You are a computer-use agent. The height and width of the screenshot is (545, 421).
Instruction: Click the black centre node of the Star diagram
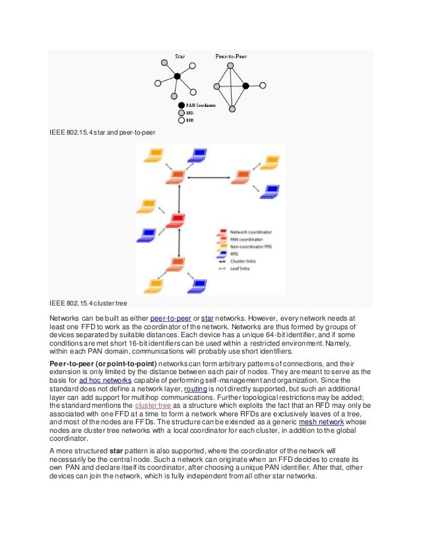tap(177, 76)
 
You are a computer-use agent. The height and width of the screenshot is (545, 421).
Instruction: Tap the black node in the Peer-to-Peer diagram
tap(245, 86)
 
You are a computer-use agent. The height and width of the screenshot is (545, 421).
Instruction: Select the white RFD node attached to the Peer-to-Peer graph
tap(263, 86)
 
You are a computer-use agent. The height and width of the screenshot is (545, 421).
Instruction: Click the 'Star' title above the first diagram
tap(179, 57)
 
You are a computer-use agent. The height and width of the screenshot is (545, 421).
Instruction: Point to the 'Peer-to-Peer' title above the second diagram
tap(231, 57)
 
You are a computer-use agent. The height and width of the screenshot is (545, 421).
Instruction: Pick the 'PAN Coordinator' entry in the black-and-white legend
tap(201, 105)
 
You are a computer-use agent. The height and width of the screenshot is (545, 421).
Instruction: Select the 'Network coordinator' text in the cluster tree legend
tap(253, 232)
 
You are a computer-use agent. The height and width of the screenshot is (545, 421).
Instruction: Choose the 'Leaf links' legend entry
tap(243, 269)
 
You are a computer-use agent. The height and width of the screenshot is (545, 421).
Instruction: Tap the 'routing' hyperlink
tap(197, 390)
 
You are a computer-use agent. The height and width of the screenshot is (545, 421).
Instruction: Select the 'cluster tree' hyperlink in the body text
tap(154, 407)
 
